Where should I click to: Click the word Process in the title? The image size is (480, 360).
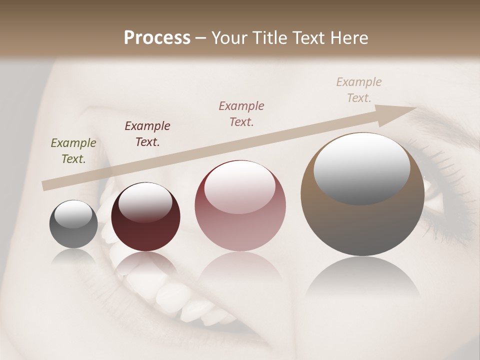(x=157, y=38)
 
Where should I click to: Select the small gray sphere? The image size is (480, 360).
(x=73, y=224)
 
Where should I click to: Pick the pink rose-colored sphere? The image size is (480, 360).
(x=240, y=206)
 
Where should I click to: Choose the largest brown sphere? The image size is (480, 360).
(x=362, y=195)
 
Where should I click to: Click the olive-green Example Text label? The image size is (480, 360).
(x=73, y=151)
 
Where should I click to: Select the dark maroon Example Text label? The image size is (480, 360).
(x=147, y=134)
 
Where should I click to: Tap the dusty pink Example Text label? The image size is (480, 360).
(x=241, y=113)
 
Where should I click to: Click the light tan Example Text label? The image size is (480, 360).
(x=359, y=90)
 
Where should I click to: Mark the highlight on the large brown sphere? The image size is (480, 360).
(x=361, y=168)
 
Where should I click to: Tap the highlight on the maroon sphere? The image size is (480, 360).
(x=145, y=201)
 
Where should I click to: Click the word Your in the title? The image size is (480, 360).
(x=228, y=38)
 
